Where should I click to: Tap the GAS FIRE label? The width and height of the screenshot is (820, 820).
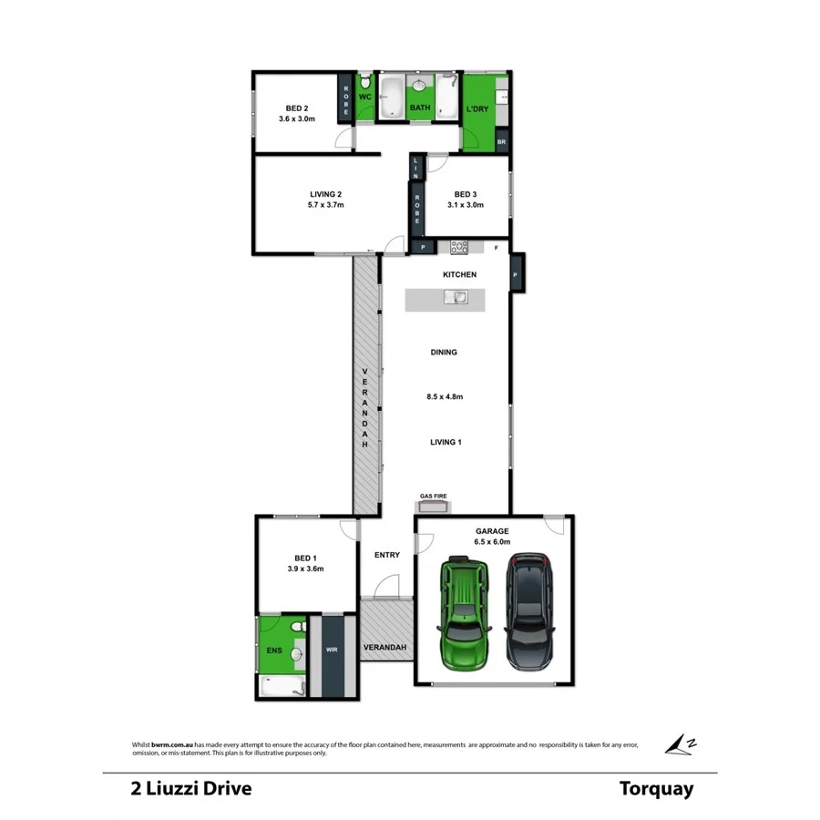click(433, 497)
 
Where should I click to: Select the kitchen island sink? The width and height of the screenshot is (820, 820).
click(455, 297)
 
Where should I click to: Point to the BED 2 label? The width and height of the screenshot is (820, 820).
click(296, 107)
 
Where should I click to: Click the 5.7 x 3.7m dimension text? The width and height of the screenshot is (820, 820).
click(325, 205)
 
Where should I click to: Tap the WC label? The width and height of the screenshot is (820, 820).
click(364, 97)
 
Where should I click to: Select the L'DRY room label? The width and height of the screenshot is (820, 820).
click(477, 109)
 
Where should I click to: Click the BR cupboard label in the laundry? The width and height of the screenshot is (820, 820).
click(501, 142)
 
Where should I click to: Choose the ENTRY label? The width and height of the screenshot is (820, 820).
click(387, 554)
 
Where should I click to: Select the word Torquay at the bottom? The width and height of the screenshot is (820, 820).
click(656, 788)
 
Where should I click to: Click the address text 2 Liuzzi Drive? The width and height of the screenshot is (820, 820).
click(190, 788)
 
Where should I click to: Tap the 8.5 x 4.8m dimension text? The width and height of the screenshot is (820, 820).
click(445, 396)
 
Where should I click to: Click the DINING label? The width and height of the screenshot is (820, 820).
click(444, 352)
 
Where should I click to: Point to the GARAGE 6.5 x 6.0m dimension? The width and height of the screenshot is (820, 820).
click(493, 542)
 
